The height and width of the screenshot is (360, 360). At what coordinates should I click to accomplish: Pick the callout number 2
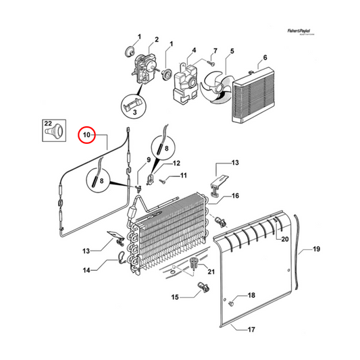(156, 41)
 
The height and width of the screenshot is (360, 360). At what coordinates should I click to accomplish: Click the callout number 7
(215, 51)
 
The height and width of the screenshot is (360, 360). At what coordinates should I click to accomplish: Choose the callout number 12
(176, 163)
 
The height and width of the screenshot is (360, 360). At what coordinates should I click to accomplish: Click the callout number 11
(182, 176)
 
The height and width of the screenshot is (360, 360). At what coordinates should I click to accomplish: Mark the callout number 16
(236, 196)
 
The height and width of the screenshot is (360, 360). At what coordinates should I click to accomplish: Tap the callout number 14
(86, 271)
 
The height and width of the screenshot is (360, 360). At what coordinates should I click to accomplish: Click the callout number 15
(174, 297)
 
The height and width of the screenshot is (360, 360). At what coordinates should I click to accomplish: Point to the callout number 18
(251, 296)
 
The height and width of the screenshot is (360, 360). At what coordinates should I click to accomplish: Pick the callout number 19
(316, 250)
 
